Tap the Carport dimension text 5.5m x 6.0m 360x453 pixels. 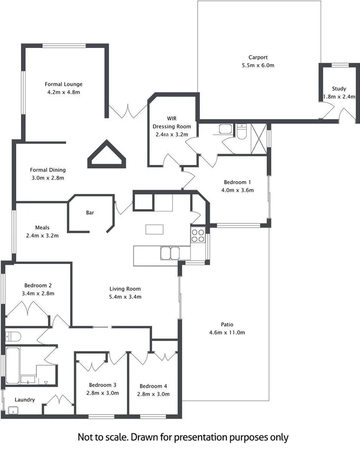[258, 65]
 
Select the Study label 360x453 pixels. [339, 88]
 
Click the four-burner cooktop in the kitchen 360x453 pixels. [198, 236]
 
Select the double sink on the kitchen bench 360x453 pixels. [170, 252]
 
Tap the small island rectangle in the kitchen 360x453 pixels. [154, 229]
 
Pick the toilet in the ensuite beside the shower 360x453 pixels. [241, 131]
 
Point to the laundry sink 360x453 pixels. [13, 410]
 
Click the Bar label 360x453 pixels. [89, 212]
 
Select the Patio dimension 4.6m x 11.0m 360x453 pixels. [226, 333]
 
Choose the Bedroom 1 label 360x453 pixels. [237, 182]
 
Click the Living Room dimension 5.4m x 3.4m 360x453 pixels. [125, 297]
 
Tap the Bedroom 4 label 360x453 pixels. [153, 386]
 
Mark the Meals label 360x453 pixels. [42, 227]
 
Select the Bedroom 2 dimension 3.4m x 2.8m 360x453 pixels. [38, 293]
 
